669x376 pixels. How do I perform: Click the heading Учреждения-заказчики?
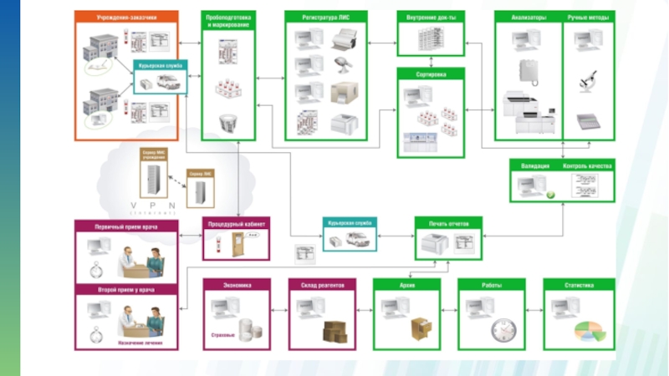click(x=125, y=16)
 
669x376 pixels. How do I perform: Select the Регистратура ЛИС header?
click(x=326, y=17)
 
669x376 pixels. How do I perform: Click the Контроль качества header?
click(x=588, y=166)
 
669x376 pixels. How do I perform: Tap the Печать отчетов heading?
click(x=448, y=223)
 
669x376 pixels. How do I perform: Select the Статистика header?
click(x=579, y=285)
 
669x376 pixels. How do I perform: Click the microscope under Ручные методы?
click(x=587, y=81)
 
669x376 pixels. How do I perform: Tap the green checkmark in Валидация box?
click(x=551, y=195)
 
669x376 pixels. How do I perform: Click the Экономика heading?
click(x=237, y=285)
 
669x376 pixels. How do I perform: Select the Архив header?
click(x=406, y=285)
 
